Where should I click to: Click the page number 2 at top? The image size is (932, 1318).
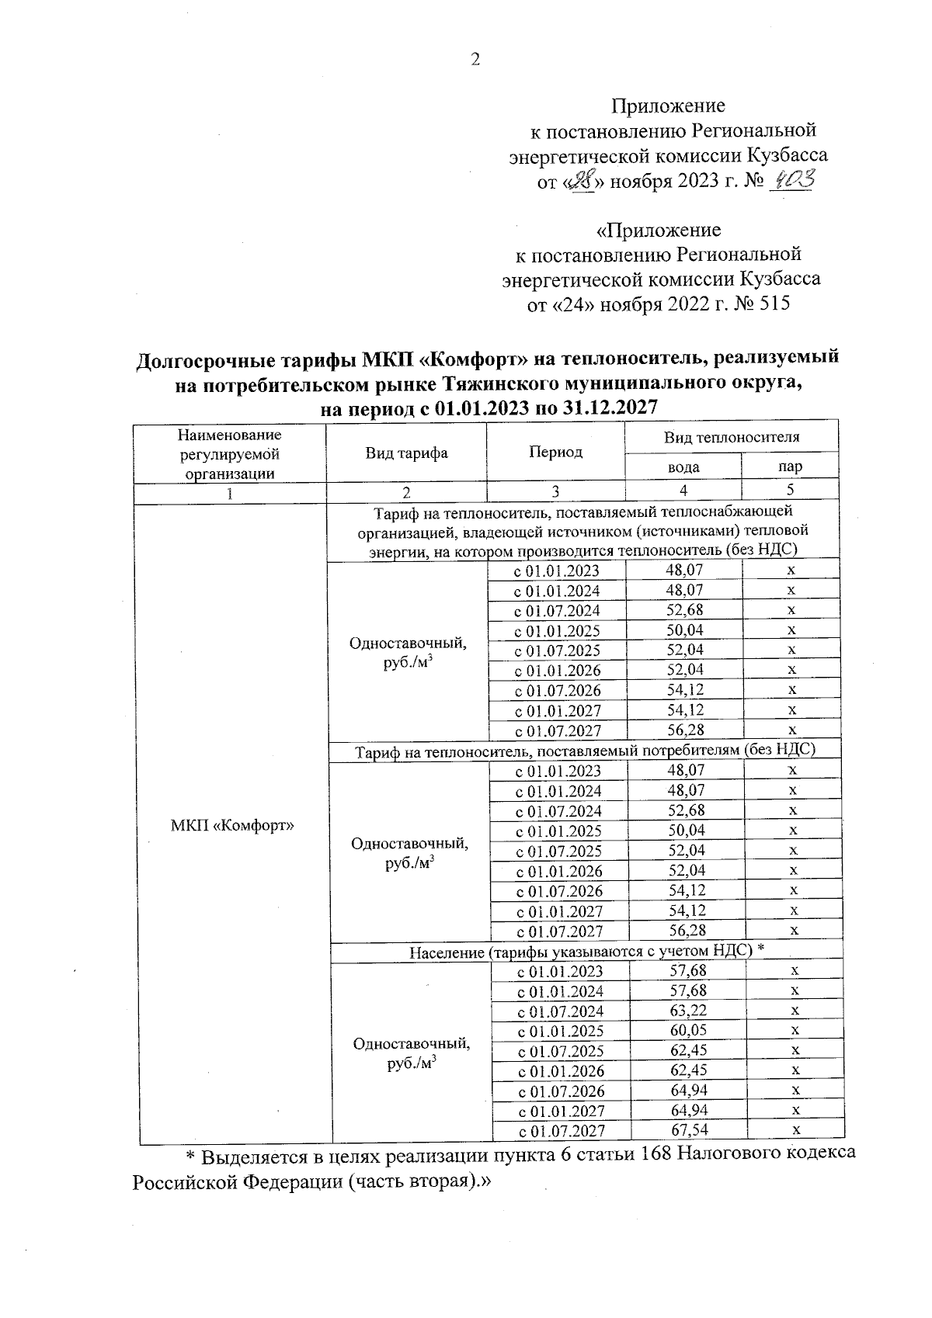[475, 60]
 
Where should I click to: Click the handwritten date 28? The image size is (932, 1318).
[580, 182]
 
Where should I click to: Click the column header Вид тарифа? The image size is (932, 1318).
[406, 453]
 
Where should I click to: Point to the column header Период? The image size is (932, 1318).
[555, 452]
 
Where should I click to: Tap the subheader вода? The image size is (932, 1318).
[683, 467]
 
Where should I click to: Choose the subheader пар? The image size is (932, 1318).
[790, 467]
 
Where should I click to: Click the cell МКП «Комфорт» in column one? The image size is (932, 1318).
[232, 825]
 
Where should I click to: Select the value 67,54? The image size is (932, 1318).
[689, 1129]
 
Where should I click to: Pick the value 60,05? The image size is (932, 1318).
[688, 1030]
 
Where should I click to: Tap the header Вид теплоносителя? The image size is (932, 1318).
[731, 437]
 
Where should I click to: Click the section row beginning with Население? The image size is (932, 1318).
[587, 951]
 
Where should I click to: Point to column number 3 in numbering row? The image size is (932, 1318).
[555, 491]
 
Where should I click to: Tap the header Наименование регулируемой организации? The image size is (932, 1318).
[229, 454]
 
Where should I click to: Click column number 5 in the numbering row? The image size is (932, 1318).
[789, 490]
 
